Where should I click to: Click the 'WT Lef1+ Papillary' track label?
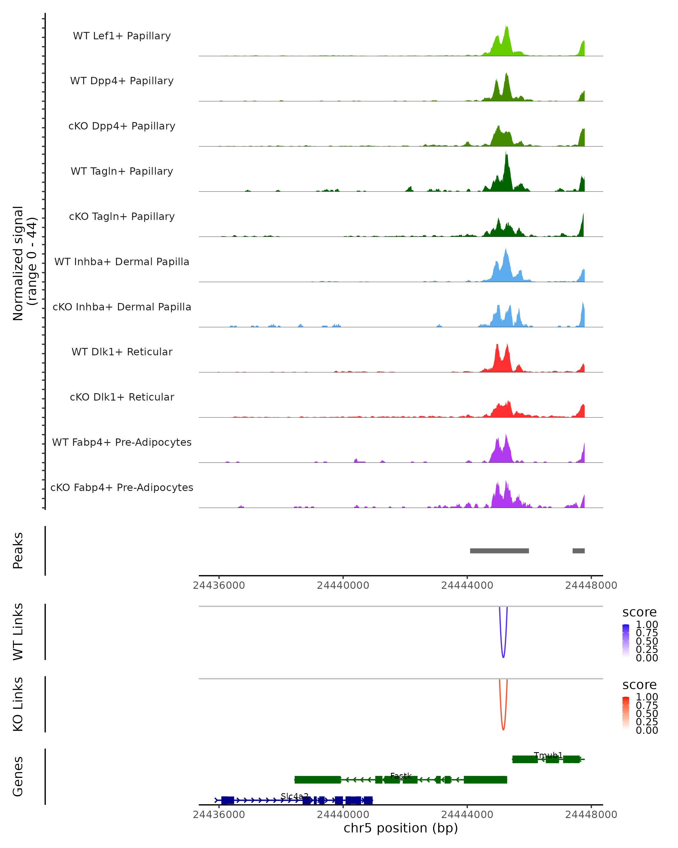pyautogui.click(x=122, y=36)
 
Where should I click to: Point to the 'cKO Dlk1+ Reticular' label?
pyautogui.click(x=122, y=397)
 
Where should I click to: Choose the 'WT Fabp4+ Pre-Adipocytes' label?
pyautogui.click(x=122, y=442)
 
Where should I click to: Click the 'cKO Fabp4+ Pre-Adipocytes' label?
pyautogui.click(x=122, y=487)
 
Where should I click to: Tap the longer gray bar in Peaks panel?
pyautogui.click(x=499, y=551)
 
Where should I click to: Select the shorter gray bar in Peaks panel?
pyautogui.click(x=578, y=551)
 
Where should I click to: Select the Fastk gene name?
pyautogui.click(x=401, y=776)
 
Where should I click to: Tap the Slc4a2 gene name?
pyautogui.click(x=294, y=797)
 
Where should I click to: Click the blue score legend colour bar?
pyautogui.click(x=626, y=640)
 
